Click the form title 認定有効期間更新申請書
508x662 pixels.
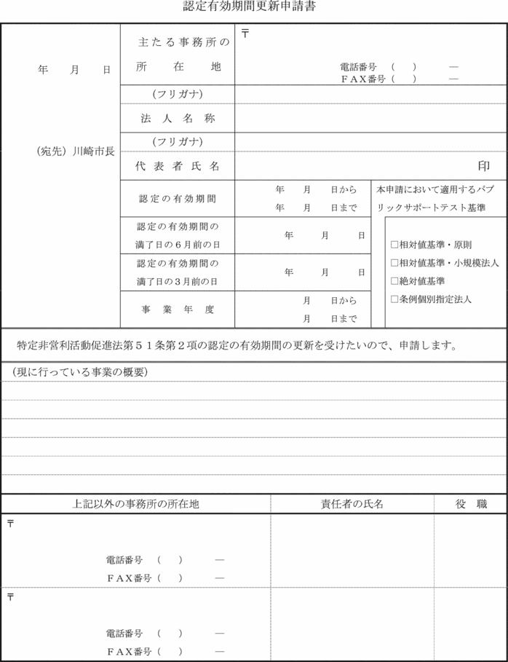[x=250, y=8]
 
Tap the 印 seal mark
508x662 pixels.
[x=483, y=167]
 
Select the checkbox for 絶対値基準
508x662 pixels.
[x=394, y=280]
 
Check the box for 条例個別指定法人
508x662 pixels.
[x=394, y=299]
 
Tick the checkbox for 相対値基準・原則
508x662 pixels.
[x=394, y=245]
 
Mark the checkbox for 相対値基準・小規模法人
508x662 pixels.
[x=394, y=262]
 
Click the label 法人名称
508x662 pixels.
[x=178, y=118]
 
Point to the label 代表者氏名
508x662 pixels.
[x=178, y=166]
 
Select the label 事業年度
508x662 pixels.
[x=178, y=310]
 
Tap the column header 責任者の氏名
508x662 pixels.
[x=352, y=504]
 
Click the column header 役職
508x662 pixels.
[x=471, y=504]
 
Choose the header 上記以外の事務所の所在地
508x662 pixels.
[x=136, y=504]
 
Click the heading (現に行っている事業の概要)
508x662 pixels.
[x=80, y=372]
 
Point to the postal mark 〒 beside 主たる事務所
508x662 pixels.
[x=245, y=34]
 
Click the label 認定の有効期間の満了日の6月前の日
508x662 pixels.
[x=178, y=235]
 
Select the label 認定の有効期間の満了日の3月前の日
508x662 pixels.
[x=178, y=272]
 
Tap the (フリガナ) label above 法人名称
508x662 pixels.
[x=178, y=95]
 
